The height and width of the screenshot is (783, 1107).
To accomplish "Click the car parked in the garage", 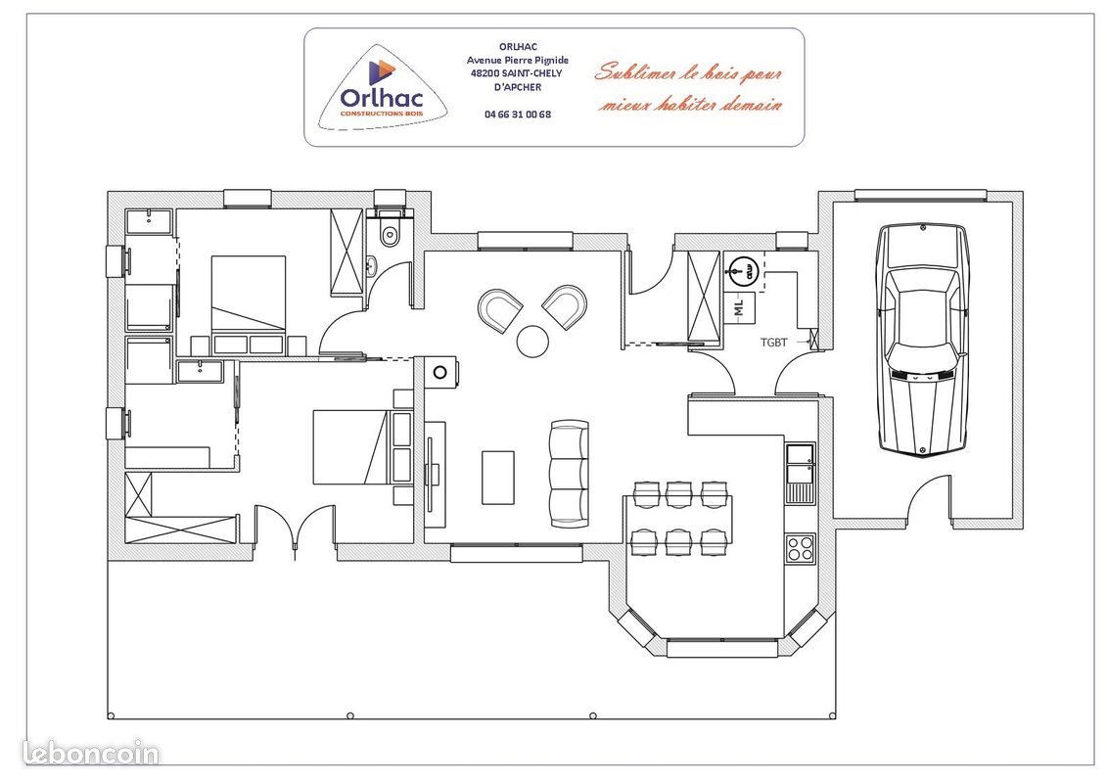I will pos(922,338).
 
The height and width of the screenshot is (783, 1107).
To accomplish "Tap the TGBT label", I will pos(774,343).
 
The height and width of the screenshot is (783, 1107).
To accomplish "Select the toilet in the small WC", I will pos(390,233).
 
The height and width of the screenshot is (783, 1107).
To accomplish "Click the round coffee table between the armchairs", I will pos(533,341).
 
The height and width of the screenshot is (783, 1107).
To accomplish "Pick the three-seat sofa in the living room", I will pos(570,475).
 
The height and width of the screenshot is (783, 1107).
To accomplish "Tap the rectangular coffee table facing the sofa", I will pos(498,477).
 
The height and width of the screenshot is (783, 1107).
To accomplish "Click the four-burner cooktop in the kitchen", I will pos(800,547).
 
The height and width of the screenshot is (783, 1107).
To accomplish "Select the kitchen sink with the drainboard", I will pos(800,472).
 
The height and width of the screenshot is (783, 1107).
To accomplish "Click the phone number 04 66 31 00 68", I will pos(518,114).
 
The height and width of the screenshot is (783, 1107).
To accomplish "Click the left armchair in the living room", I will pos(500,310).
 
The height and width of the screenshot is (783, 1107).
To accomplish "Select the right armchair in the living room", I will pos(566,306).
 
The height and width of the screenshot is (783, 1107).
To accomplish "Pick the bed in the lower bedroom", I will pos(349,447).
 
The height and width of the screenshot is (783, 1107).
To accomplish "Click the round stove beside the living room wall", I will pos(440,372).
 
